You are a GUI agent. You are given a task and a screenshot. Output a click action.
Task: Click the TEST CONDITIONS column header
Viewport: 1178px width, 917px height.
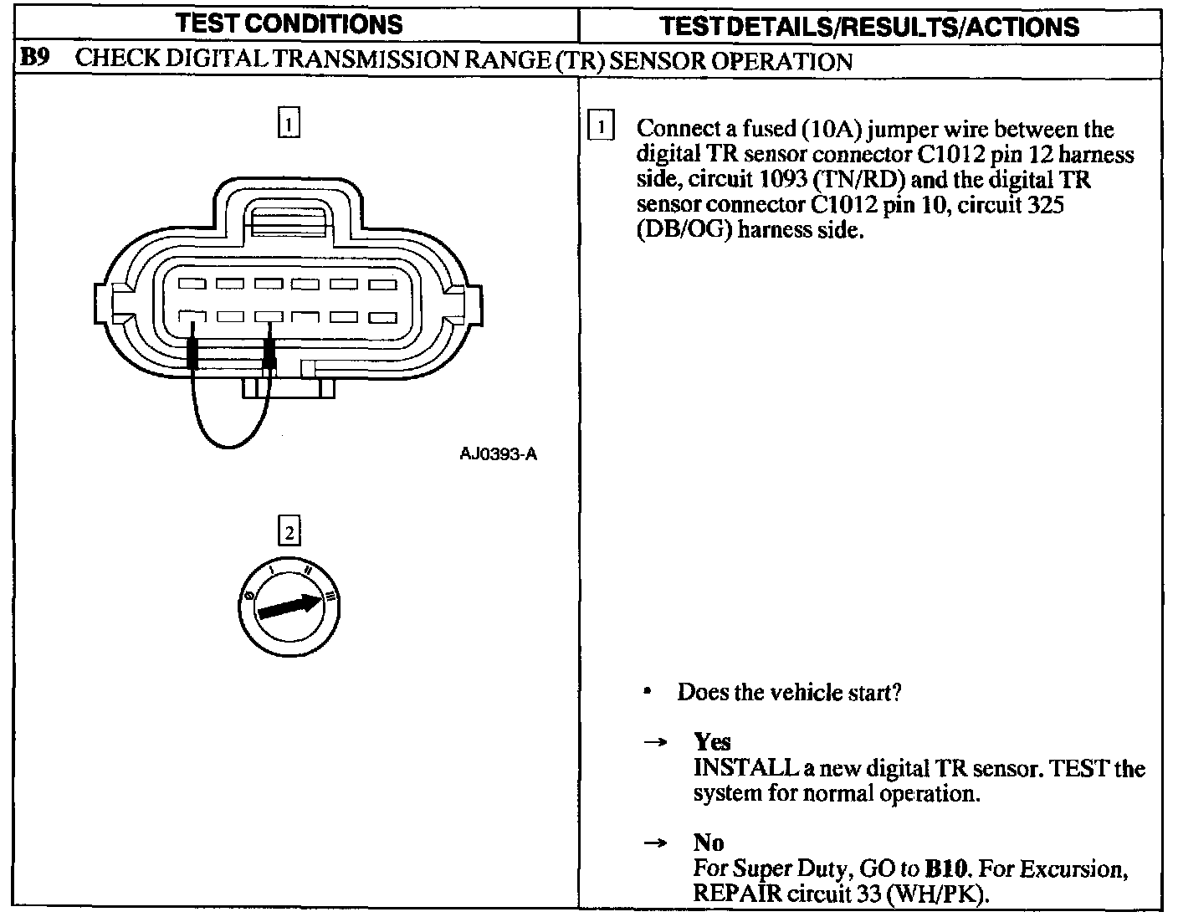pos(289,23)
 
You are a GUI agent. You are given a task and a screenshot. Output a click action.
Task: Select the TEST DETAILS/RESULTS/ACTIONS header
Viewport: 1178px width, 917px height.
pos(869,26)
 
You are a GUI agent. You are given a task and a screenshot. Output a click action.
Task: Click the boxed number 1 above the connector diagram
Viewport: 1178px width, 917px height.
pos(288,124)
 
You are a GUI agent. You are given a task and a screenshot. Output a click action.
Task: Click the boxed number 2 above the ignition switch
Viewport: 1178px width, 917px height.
pos(288,532)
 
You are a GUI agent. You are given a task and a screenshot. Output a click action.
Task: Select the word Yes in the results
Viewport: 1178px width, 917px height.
pos(712,741)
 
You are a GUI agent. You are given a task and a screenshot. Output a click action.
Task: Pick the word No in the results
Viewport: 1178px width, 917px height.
pos(709,843)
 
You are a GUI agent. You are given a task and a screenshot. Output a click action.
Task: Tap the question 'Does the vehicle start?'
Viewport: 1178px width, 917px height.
pos(789,693)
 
